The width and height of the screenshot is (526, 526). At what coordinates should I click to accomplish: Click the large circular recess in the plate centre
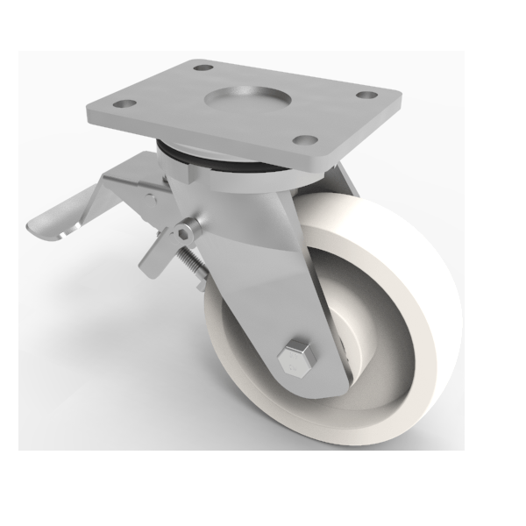pyautogui.click(x=243, y=96)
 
